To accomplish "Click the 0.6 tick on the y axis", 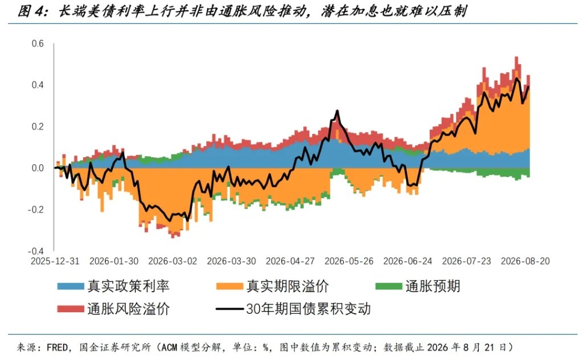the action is pyautogui.click(x=38, y=43).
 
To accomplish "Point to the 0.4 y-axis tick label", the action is pyautogui.click(x=38, y=85).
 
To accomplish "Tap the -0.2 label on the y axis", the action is pyautogui.click(x=36, y=210).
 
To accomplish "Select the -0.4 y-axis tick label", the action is pyautogui.click(x=36, y=251).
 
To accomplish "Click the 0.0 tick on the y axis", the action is pyautogui.click(x=38, y=168).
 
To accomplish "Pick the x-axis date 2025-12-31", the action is pyautogui.click(x=55, y=261).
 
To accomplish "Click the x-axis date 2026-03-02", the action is pyautogui.click(x=173, y=261).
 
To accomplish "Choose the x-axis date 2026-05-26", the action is pyautogui.click(x=349, y=261).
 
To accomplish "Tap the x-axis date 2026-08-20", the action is pyautogui.click(x=525, y=261).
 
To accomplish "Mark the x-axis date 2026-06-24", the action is pyautogui.click(x=408, y=261).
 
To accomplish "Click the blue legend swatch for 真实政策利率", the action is pyautogui.click(x=71, y=286).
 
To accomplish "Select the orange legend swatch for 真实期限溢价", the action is pyautogui.click(x=230, y=286).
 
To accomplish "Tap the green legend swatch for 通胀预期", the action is pyautogui.click(x=388, y=286).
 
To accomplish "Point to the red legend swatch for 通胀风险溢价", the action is pyautogui.click(x=71, y=309).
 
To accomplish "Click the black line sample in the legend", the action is pyautogui.click(x=230, y=309).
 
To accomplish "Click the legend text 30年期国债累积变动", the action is pyautogui.click(x=308, y=309).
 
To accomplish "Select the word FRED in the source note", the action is pyautogui.click(x=57, y=347).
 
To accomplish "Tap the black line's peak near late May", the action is pyautogui.click(x=337, y=111).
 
